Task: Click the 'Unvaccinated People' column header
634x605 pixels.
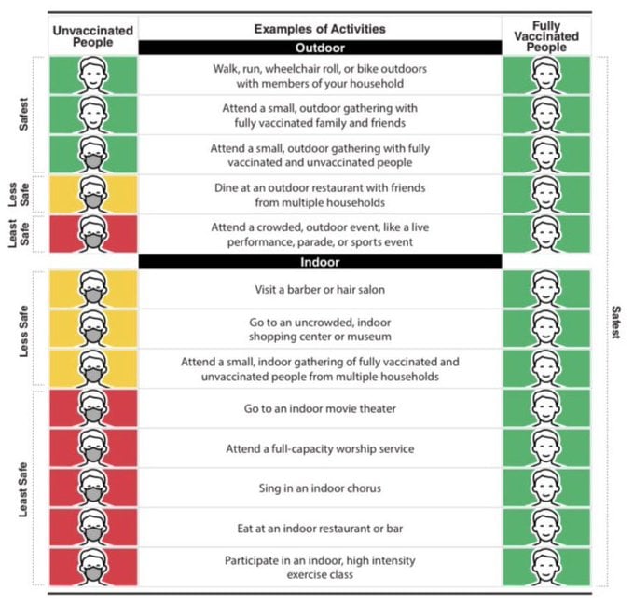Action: pos(92,35)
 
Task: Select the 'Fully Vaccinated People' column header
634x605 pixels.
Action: pos(547,35)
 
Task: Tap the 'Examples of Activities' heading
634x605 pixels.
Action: pos(320,29)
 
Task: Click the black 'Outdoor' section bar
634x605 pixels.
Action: pos(320,47)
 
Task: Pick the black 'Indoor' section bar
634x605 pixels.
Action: pos(320,262)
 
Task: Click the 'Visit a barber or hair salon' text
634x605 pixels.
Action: pos(320,290)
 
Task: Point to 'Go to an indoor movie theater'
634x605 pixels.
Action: pos(320,408)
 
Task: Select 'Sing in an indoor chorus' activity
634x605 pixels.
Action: pos(320,488)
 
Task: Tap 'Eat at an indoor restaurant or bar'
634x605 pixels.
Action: pos(320,529)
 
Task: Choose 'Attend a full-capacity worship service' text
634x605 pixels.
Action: pos(320,448)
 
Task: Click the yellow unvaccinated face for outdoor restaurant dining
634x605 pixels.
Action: pos(92,194)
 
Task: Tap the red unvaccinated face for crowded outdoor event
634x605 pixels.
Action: pos(92,233)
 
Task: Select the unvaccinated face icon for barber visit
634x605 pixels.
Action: pos(92,290)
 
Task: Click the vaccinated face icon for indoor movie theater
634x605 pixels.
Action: pos(547,408)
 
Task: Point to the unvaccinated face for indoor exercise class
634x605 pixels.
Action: pos(92,568)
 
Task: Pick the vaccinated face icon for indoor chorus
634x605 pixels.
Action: pos(547,488)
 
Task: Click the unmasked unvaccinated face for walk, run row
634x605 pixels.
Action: pos(92,75)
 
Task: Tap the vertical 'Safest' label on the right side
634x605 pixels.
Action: pos(615,322)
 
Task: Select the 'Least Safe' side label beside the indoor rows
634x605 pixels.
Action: pos(23,489)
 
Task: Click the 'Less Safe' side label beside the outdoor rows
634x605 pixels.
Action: pos(22,193)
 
